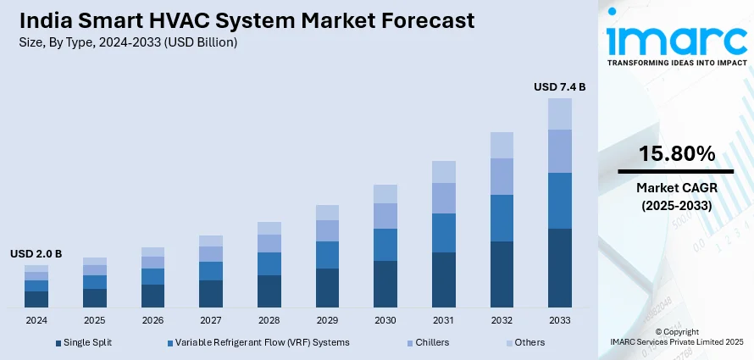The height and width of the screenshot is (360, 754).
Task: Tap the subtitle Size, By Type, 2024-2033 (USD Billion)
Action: tap(128, 42)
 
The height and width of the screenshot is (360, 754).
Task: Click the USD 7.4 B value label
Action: tap(559, 86)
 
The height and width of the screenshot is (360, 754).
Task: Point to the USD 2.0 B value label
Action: tap(36, 254)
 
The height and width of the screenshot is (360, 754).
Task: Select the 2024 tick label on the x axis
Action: tap(36, 320)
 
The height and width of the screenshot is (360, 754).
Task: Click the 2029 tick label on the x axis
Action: tap(327, 320)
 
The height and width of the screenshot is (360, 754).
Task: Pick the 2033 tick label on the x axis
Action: tap(559, 320)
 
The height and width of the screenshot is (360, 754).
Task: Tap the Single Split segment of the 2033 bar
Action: tap(559, 268)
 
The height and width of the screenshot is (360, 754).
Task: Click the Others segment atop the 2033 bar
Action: tap(559, 114)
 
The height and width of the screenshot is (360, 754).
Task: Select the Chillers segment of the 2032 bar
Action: tap(502, 176)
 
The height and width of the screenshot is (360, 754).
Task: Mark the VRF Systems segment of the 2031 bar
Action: tap(443, 233)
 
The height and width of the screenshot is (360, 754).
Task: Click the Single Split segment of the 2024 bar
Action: tap(36, 299)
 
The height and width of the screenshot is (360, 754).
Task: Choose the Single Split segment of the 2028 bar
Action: tap(269, 291)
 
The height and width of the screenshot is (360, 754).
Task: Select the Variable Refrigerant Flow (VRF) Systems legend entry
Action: tap(263, 342)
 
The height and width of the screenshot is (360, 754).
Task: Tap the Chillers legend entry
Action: tap(432, 342)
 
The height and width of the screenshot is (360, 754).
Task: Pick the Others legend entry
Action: tap(529, 342)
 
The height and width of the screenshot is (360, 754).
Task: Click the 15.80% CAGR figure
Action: tap(676, 153)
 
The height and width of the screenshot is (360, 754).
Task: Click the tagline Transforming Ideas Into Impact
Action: tap(675, 62)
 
